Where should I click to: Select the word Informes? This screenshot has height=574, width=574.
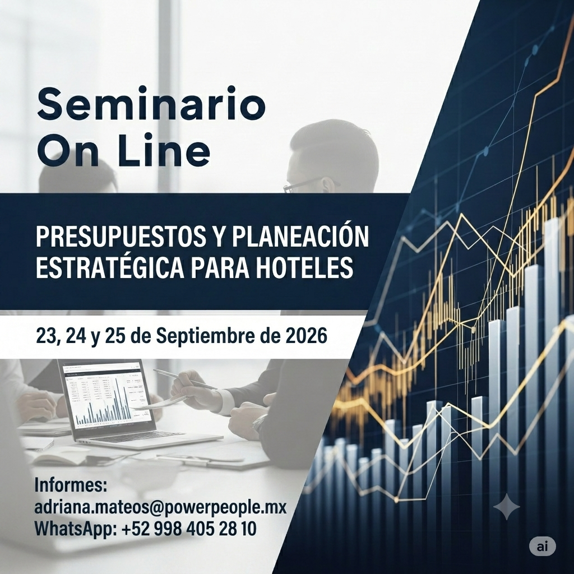71,485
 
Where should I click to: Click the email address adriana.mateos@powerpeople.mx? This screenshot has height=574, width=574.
160,508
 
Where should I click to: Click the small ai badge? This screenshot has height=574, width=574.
543,547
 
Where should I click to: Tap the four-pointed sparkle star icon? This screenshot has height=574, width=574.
507,507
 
